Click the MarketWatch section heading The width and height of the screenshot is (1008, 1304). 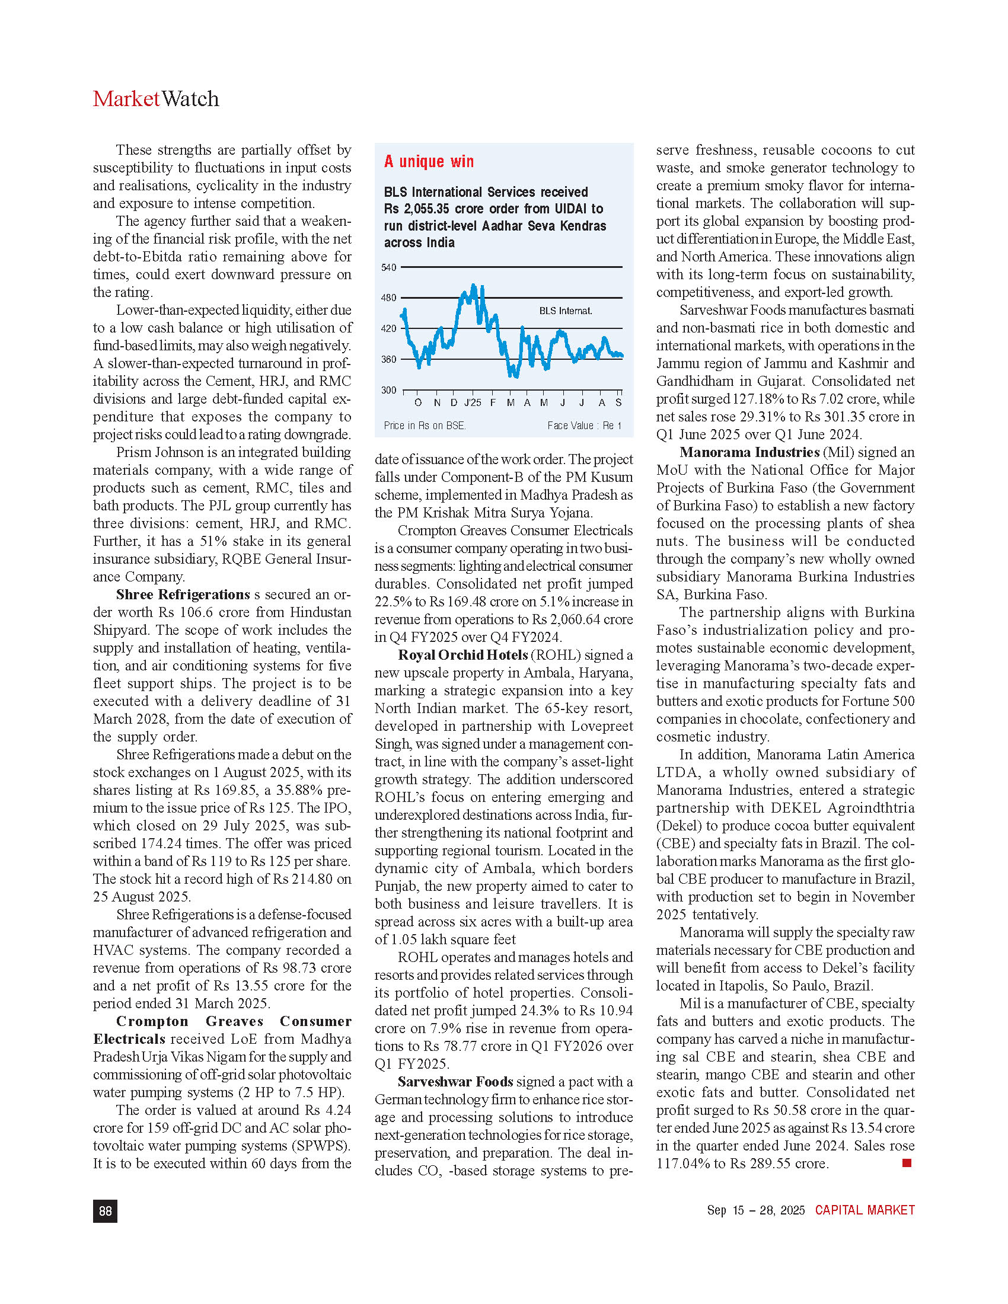point(156,99)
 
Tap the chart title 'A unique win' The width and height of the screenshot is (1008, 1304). point(429,161)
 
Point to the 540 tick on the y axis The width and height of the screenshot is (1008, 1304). point(389,267)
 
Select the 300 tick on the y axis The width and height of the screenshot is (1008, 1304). point(389,391)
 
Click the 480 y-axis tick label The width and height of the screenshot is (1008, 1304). point(389,298)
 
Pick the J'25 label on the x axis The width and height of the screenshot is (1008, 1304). point(473,403)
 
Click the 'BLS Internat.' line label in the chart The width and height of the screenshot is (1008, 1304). point(566,311)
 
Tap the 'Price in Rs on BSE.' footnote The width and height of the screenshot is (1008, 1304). point(425,426)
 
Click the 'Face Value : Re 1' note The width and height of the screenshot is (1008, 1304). point(584,426)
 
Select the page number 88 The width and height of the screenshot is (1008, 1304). point(105,1211)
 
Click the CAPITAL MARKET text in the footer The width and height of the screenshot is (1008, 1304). point(865,1210)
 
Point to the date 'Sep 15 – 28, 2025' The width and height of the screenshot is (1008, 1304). point(755,1210)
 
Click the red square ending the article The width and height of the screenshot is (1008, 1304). point(907,1162)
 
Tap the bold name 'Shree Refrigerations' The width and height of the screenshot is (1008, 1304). point(183,595)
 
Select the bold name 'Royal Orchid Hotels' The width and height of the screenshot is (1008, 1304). point(463,655)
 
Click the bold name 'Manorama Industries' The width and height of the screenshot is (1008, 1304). point(749,453)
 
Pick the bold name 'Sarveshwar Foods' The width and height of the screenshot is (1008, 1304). point(455,1082)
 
